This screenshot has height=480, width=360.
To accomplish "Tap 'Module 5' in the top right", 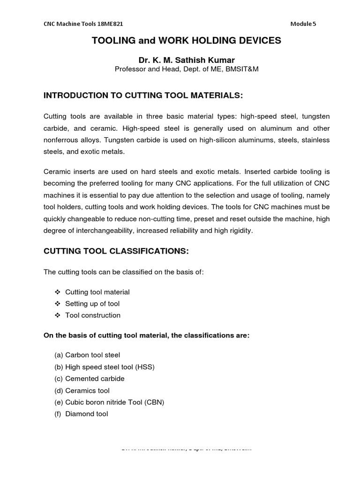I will [303, 24].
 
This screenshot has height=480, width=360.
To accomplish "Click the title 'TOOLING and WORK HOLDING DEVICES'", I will [187, 41].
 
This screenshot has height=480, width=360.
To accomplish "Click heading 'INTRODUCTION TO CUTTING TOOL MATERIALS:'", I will [143, 96].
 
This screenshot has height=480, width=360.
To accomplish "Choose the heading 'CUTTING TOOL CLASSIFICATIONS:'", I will [116, 251].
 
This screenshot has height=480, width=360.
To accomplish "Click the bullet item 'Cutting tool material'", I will [97, 292].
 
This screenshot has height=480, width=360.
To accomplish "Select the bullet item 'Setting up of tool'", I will [92, 304].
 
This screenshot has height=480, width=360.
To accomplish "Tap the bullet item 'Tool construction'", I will [93, 315].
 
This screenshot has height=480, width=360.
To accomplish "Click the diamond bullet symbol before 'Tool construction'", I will [57, 315].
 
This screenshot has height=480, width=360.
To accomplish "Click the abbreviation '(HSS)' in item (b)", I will [145, 367].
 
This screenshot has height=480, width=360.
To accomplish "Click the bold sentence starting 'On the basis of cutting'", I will [146, 336].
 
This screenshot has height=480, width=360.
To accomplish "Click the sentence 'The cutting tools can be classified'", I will [124, 272].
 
